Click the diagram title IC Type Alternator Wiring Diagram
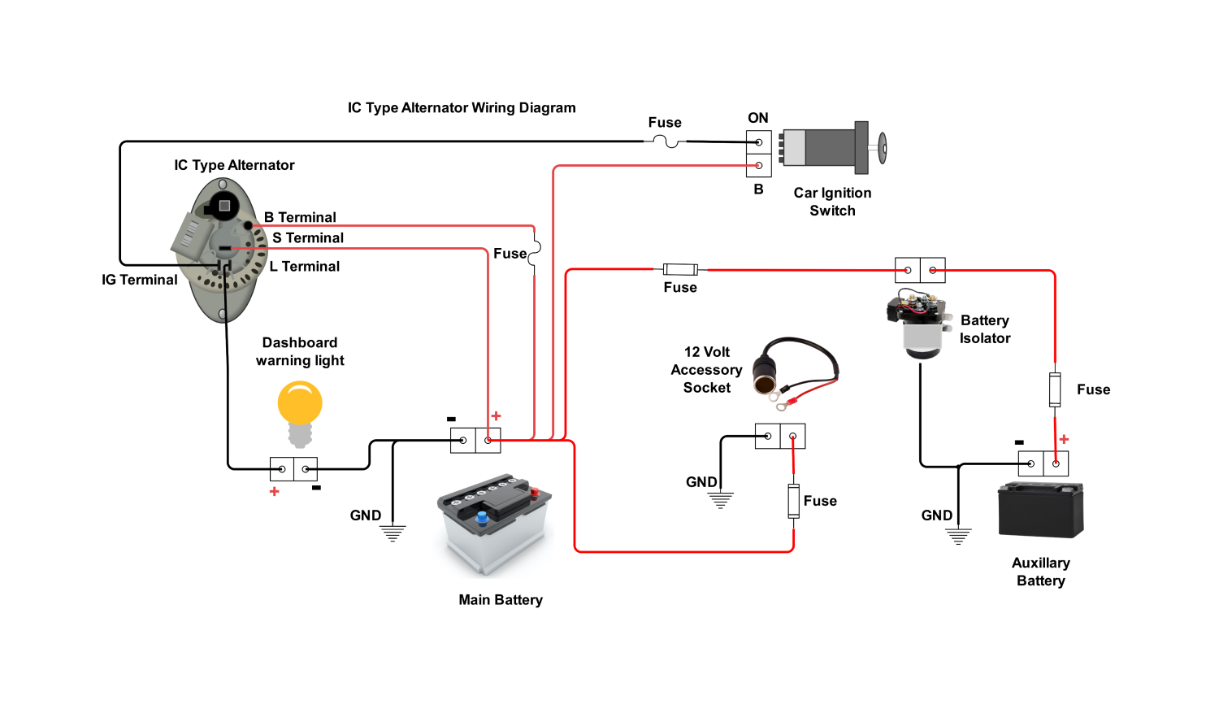click(x=462, y=107)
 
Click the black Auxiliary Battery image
click(x=1041, y=510)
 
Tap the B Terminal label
click(x=300, y=217)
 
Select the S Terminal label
click(x=308, y=237)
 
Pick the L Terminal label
click(x=305, y=266)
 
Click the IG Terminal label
click(x=139, y=280)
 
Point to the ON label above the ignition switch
click(x=758, y=118)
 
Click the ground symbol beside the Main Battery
click(x=393, y=533)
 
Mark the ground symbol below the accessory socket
click(x=720, y=498)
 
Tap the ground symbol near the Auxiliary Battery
click(x=958, y=536)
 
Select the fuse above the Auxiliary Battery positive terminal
click(x=1055, y=389)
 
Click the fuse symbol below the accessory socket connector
click(x=793, y=501)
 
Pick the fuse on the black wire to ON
click(x=666, y=141)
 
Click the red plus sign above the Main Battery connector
click(x=496, y=415)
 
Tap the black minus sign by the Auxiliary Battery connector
click(x=1019, y=442)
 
